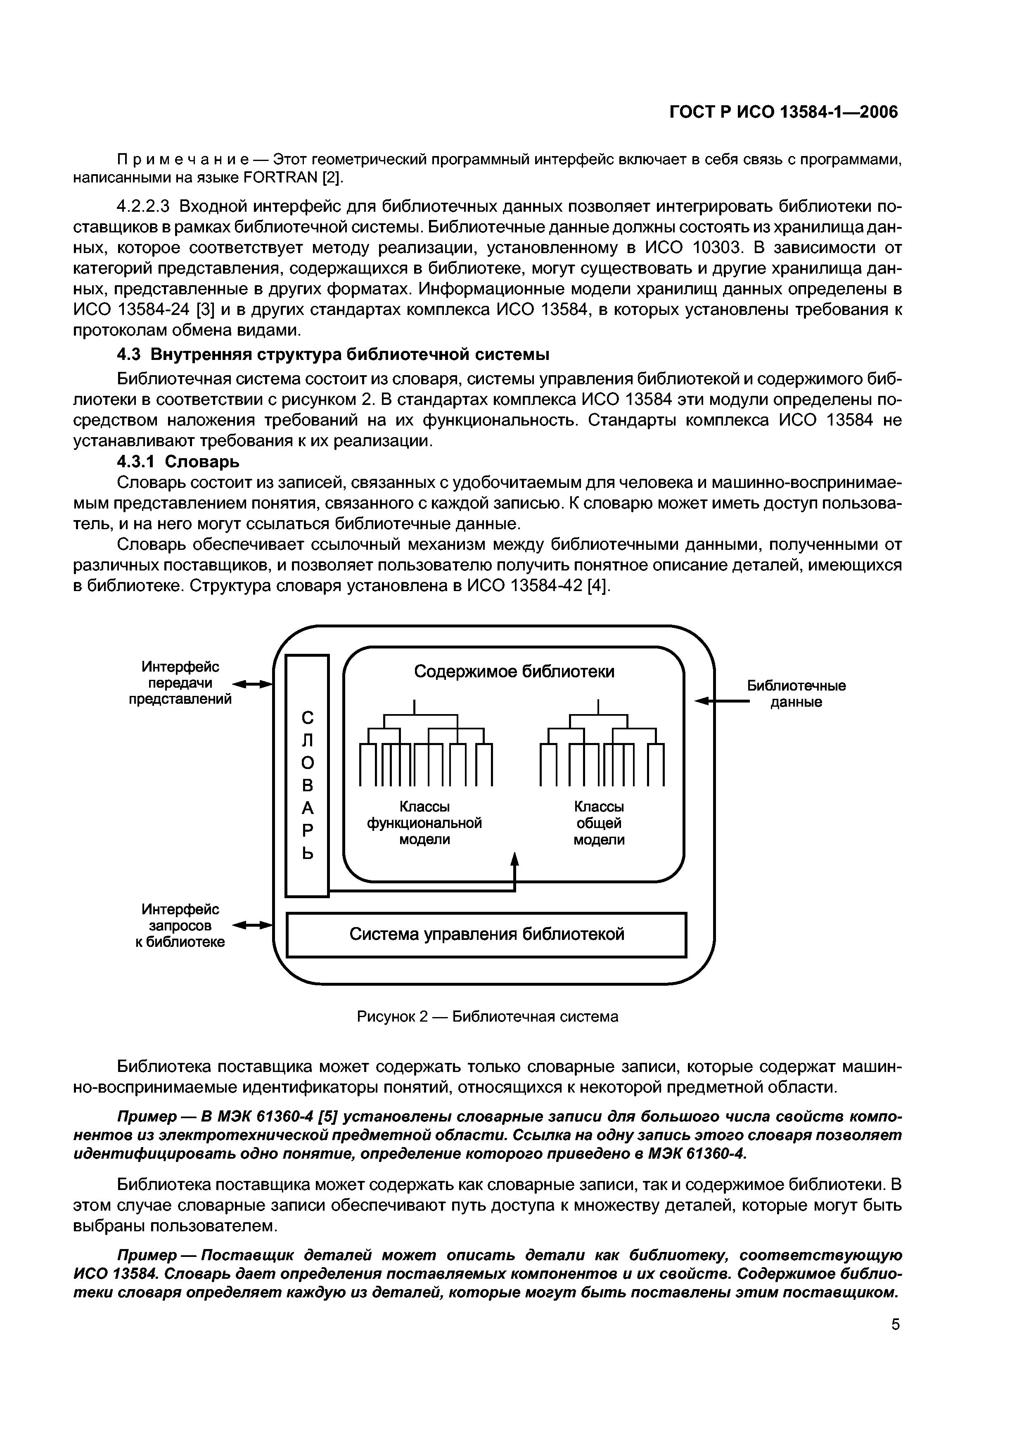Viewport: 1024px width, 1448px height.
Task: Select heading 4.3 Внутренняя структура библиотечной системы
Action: coord(333,355)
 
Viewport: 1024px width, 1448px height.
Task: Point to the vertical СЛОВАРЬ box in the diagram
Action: coord(307,775)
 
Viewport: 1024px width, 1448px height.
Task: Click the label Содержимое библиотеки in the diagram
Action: coord(514,672)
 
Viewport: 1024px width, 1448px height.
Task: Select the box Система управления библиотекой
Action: coord(486,934)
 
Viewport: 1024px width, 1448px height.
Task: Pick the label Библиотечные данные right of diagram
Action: coord(796,694)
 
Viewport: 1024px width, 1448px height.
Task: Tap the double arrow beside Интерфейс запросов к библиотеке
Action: coord(252,925)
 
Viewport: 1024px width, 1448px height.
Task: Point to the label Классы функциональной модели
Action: coord(424,823)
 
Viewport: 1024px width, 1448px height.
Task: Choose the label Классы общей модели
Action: coord(598,823)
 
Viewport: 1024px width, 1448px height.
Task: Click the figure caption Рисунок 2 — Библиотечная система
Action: coord(487,1017)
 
